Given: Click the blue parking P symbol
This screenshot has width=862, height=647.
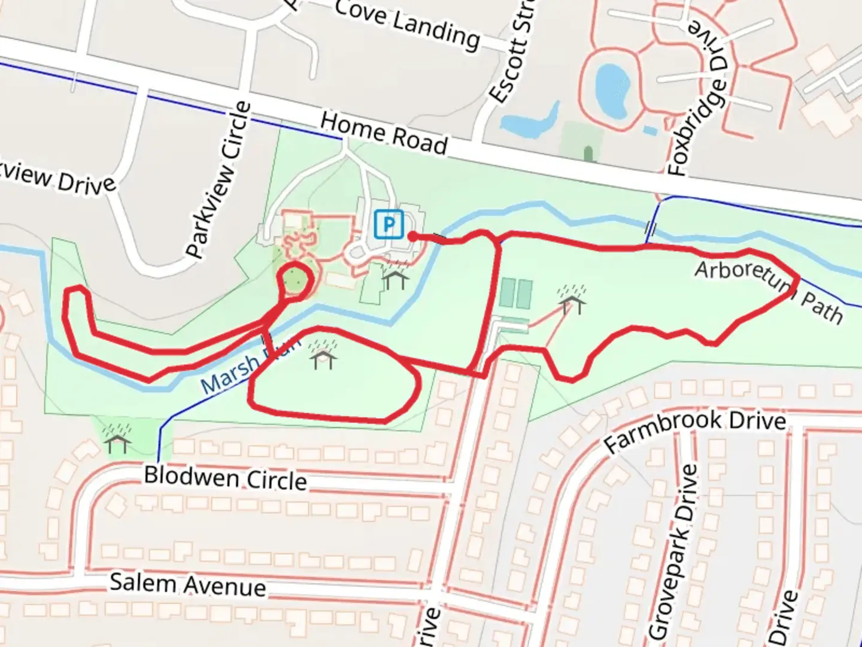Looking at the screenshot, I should point(389,225).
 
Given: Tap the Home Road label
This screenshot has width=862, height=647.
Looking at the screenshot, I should point(384,133).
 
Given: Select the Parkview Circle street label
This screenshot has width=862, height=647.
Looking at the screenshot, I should point(219,179).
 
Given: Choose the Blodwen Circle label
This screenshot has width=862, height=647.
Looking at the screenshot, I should point(225,478).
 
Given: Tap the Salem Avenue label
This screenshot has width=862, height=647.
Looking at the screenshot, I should point(188,585).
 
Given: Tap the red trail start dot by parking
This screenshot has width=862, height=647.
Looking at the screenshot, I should point(412,237).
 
